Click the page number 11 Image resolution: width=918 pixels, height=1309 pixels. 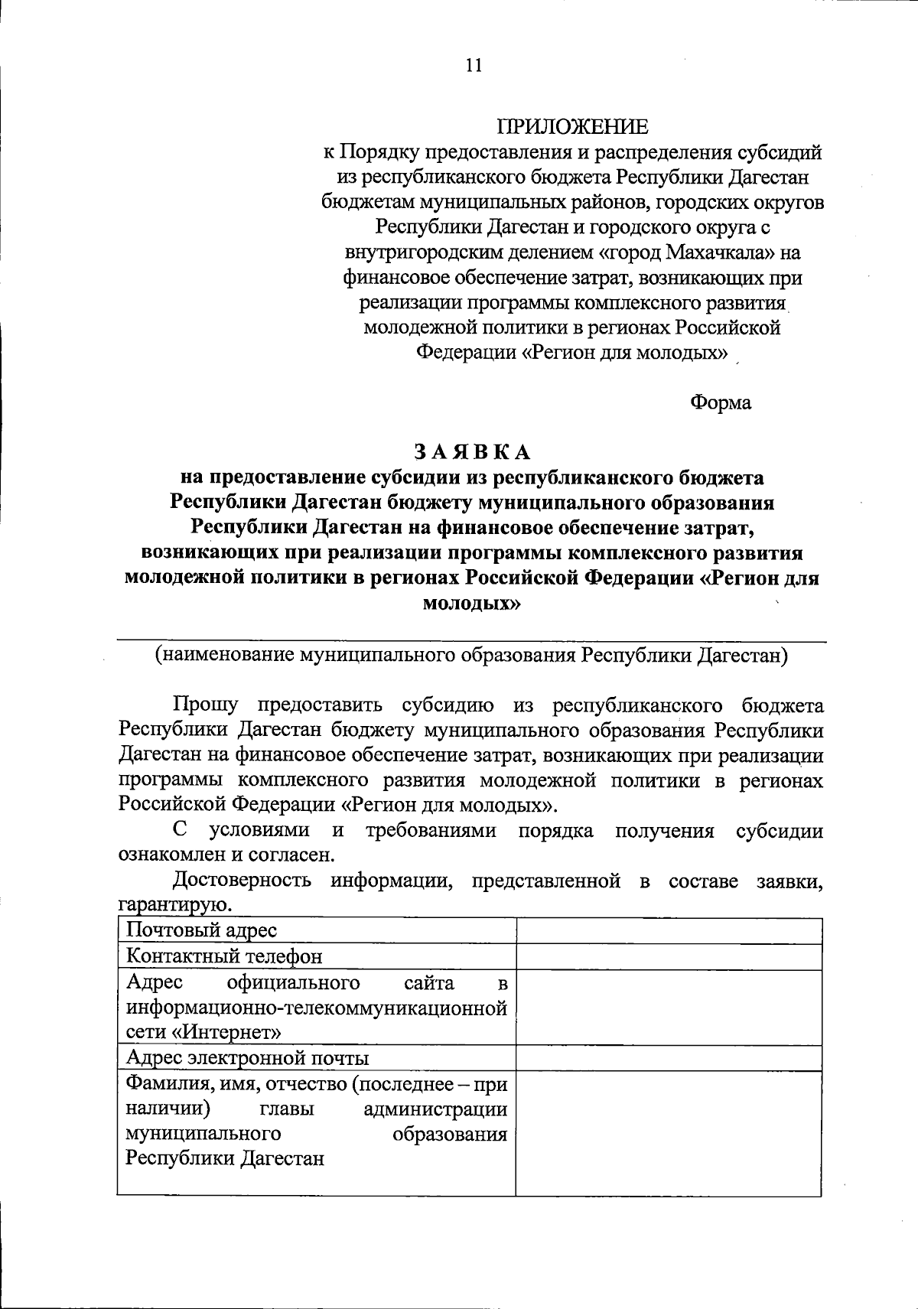[x=474, y=67]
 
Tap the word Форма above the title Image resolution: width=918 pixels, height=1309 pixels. [x=721, y=402]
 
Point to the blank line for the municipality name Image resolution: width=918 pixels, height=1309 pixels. [x=471, y=640]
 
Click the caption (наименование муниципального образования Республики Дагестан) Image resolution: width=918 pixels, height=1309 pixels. [x=471, y=656]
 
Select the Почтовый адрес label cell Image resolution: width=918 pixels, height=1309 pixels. [x=316, y=931]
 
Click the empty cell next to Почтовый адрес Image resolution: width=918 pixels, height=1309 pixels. [x=669, y=931]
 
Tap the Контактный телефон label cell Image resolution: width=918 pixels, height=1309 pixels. [x=316, y=956]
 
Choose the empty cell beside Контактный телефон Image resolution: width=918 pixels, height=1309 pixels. [x=669, y=956]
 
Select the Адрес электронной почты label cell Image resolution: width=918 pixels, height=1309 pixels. [x=316, y=1058]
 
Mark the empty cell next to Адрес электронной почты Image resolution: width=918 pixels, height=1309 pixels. [x=669, y=1058]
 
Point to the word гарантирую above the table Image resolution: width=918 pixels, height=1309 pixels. [x=174, y=906]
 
